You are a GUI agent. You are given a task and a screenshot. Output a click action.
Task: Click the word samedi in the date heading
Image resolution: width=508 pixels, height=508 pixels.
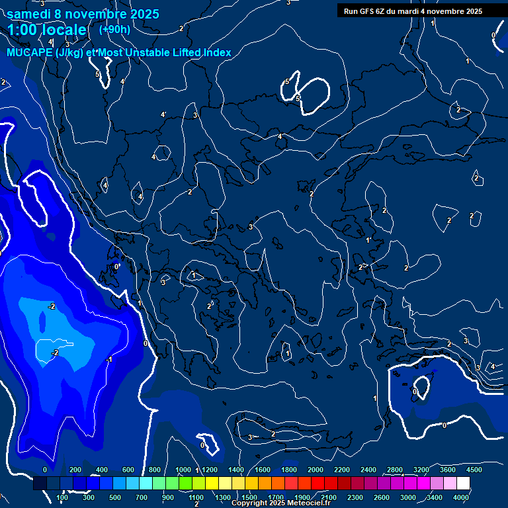(29, 14)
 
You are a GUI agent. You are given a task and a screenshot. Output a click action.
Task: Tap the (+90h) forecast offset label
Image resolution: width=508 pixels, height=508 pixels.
(114, 29)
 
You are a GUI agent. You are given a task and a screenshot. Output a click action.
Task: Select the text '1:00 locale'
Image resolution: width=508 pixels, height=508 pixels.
(48, 30)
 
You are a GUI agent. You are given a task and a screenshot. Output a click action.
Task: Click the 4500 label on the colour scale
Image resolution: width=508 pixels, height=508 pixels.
(474, 469)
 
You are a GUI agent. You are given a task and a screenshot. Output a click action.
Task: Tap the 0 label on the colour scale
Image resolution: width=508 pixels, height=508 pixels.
(45, 469)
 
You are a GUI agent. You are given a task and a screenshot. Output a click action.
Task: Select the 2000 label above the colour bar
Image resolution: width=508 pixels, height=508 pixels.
(315, 469)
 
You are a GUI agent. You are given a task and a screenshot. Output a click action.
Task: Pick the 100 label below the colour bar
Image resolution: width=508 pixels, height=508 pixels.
(62, 497)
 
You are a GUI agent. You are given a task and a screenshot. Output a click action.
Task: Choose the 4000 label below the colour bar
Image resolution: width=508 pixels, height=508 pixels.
(461, 497)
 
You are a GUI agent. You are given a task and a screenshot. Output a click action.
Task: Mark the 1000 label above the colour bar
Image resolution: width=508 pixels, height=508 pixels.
(183, 469)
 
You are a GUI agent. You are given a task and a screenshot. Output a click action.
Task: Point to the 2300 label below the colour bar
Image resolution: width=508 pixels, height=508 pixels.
(355, 497)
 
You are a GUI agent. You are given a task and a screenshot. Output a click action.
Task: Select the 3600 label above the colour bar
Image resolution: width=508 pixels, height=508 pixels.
(447, 469)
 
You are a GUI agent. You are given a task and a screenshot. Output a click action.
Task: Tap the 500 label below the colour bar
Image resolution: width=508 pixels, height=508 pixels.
(116, 497)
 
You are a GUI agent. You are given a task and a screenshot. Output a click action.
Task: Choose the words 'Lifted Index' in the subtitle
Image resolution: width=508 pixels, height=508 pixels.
(201, 52)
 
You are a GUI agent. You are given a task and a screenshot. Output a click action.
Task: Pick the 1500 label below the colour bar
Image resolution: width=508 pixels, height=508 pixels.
(249, 497)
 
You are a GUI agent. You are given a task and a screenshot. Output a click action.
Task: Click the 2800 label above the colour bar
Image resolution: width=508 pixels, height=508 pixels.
(395, 469)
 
